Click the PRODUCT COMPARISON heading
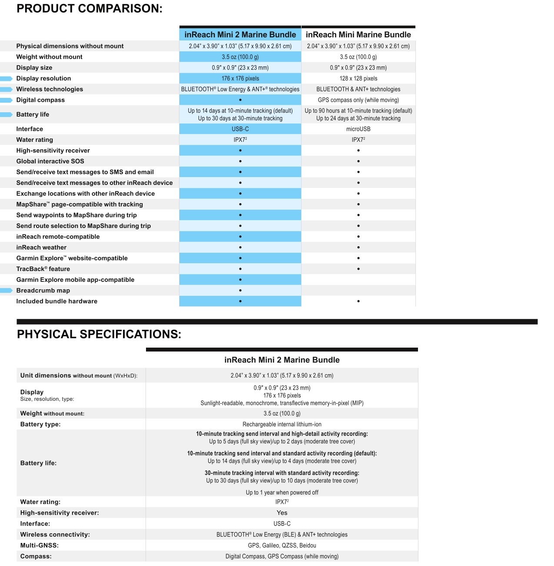89,9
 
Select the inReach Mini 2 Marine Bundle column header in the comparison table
240,35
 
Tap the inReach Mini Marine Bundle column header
358,35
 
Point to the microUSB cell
358,129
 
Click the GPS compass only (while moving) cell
358,100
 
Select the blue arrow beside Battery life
7,115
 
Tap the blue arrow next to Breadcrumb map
7,291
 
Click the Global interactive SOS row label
50,161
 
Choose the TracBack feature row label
43,269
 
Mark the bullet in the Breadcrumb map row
240,291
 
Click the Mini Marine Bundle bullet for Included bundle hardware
358,301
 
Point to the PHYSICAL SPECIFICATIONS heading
99,334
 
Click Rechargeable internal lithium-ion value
282,424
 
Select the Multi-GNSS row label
39,546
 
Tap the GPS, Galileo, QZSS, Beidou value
282,546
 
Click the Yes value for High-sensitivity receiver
282,513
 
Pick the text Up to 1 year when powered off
282,492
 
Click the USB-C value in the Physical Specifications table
282,524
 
